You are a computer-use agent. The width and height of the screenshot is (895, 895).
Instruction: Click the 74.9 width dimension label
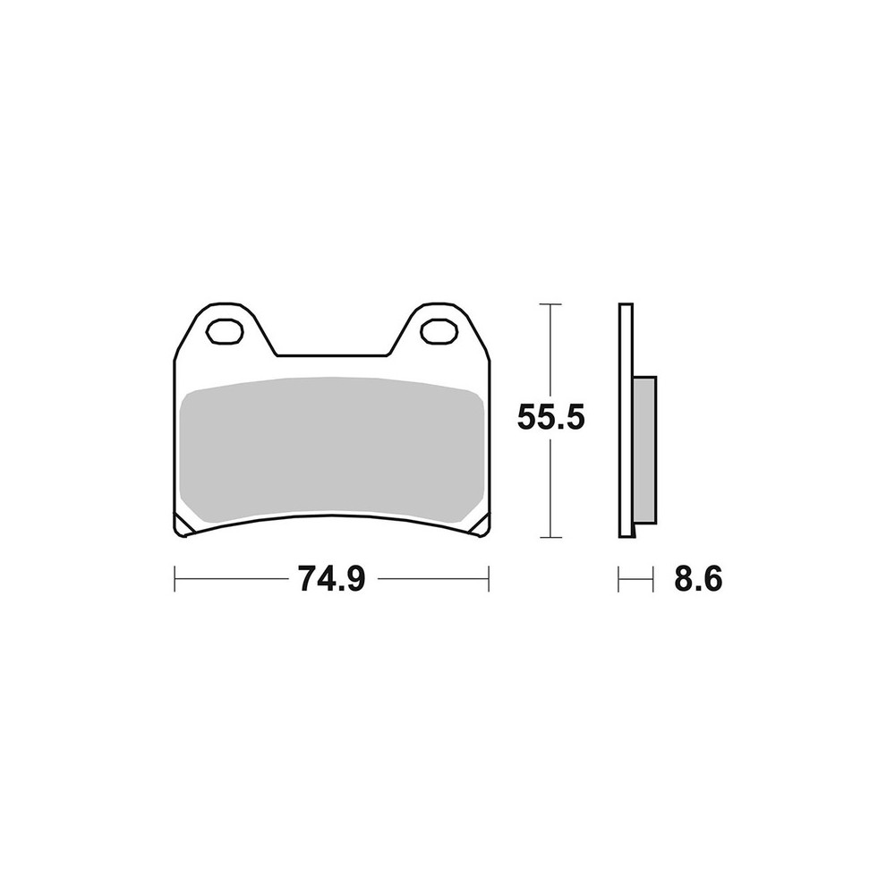(x=331, y=579)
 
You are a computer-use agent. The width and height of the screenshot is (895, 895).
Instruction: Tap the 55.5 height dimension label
(x=550, y=418)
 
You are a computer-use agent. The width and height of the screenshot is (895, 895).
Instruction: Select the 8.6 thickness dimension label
(x=698, y=579)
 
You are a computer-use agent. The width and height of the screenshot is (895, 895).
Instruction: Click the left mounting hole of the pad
(x=225, y=332)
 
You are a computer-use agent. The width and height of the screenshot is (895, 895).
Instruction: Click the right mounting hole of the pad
(x=439, y=332)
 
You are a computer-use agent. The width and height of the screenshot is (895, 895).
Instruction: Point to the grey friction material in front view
(x=332, y=450)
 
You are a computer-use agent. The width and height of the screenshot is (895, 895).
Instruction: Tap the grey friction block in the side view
(x=645, y=450)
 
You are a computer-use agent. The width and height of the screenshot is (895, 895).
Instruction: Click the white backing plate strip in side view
(x=626, y=420)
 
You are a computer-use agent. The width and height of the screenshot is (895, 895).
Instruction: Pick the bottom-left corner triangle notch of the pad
(x=183, y=525)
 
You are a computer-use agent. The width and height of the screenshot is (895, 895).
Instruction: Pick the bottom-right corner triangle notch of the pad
(x=482, y=525)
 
